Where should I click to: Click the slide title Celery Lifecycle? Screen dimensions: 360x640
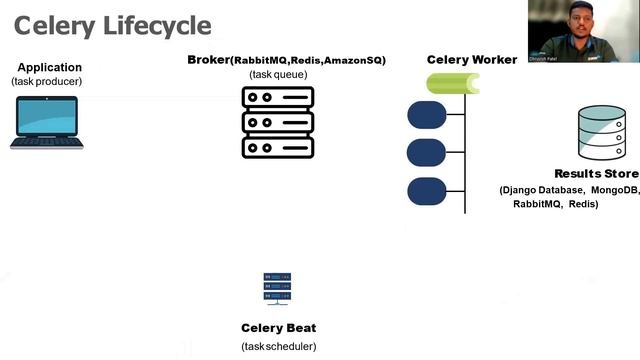[x=112, y=25]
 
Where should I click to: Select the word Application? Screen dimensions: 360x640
[x=49, y=67]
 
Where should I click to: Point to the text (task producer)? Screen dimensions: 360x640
[x=47, y=81]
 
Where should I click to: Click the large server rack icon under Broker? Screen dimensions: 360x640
[x=278, y=122]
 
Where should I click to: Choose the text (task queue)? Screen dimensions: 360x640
[x=278, y=74]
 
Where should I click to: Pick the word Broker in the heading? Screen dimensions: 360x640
[x=208, y=60]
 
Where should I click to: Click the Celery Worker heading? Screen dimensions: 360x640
[x=472, y=60]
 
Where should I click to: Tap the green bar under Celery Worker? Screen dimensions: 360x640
[x=452, y=84]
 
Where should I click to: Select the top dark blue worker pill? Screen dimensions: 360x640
[x=426, y=115]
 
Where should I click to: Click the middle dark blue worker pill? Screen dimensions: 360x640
[x=426, y=153]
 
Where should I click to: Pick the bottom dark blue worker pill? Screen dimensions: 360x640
[x=426, y=191]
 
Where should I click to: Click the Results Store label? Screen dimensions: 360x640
[x=596, y=174]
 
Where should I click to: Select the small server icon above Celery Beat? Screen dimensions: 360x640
[x=277, y=289]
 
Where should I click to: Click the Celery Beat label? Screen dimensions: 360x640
[x=278, y=328]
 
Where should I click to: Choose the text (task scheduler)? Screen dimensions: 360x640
[x=278, y=346]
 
